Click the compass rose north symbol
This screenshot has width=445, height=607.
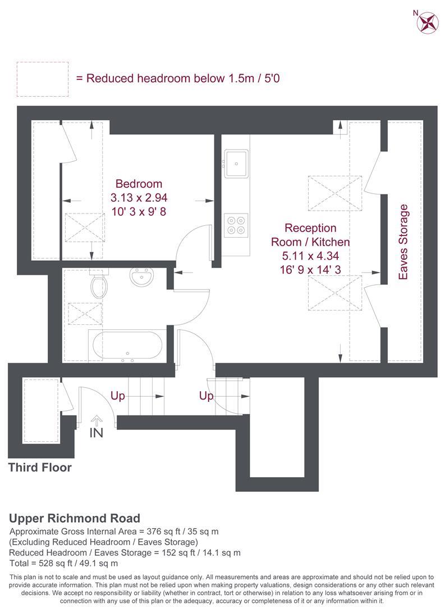pyautogui.click(x=428, y=22)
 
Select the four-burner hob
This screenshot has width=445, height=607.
pyautogui.click(x=236, y=225)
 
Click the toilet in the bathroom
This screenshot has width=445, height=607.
pyautogui.click(x=99, y=283)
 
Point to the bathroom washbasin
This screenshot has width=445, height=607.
pyautogui.click(x=142, y=277)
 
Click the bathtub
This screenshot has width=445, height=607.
pyautogui.click(x=127, y=345)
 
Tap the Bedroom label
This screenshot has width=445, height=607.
pyautogui.click(x=139, y=183)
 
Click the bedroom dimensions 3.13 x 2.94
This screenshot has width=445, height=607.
pyautogui.click(x=139, y=197)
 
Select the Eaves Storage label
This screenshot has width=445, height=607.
pyautogui.click(x=403, y=242)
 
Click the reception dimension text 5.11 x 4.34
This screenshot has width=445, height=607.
pyautogui.click(x=310, y=256)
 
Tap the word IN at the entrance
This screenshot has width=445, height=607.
pyautogui.click(x=97, y=432)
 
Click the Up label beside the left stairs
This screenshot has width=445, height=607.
pyautogui.click(x=118, y=396)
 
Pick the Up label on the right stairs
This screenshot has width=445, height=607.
pyautogui.click(x=206, y=396)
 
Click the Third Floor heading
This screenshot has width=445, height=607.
pyautogui.click(x=40, y=467)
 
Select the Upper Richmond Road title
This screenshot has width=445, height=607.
pyautogui.click(x=75, y=518)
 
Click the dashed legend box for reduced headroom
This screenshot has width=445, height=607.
pyautogui.click(x=43, y=79)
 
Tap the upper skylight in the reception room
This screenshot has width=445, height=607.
pyautogui.click(x=335, y=193)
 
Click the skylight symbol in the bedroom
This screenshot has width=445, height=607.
pyautogui.click(x=84, y=228)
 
